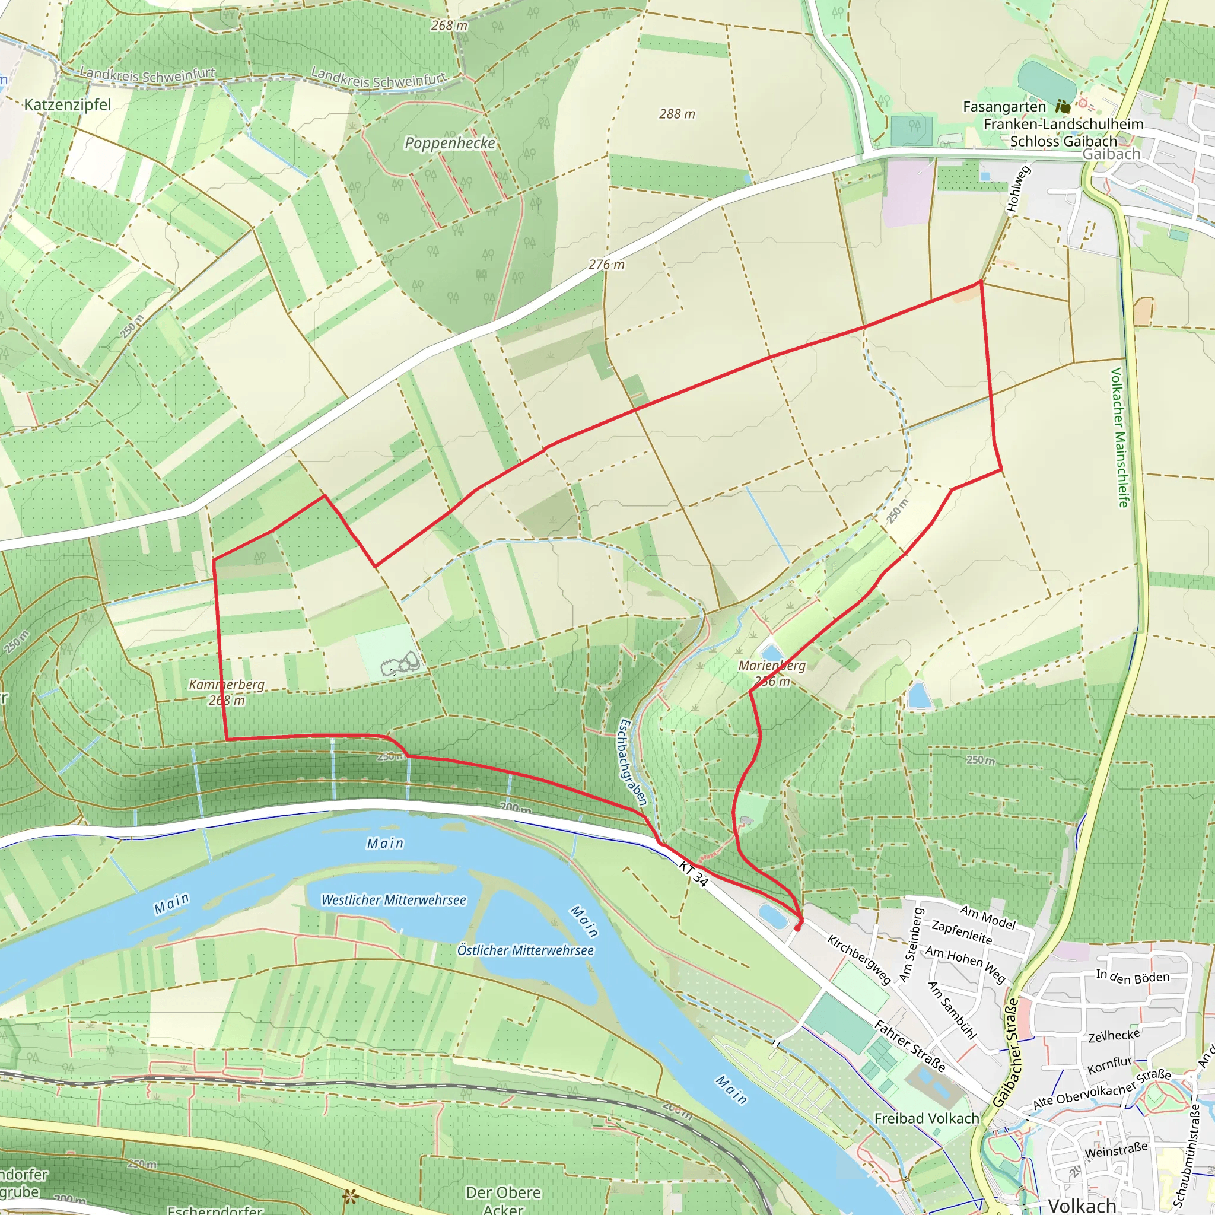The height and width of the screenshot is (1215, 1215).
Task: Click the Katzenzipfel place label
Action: tap(67, 104)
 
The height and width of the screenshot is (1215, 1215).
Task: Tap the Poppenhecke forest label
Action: tap(450, 144)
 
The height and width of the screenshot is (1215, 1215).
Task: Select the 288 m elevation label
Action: tap(677, 114)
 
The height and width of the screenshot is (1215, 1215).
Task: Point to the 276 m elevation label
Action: tap(606, 265)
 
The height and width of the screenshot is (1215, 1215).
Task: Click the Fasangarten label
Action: tap(1004, 107)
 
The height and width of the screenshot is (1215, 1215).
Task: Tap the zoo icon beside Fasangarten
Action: tap(1063, 107)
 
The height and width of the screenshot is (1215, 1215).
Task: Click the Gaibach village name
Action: tap(1111, 154)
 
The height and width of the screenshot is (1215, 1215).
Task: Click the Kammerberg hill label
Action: tap(227, 684)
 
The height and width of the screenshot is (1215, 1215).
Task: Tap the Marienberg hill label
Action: tap(772, 666)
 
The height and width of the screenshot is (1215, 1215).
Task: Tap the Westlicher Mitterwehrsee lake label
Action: tap(394, 900)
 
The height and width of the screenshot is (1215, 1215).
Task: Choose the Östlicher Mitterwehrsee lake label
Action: tap(525, 950)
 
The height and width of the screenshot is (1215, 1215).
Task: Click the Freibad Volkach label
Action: tap(926, 1119)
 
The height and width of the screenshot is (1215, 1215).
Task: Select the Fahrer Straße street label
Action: tap(910, 1047)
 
